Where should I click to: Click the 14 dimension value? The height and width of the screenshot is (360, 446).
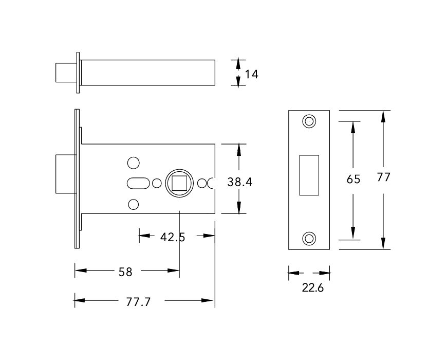point(251,74)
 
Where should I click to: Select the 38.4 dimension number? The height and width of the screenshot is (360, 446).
point(239,182)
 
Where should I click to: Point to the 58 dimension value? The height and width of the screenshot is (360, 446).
point(125,272)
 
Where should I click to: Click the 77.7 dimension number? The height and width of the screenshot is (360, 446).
point(138,302)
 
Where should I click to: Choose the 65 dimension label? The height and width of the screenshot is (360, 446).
point(354,179)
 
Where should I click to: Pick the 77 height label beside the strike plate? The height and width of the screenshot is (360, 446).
point(384,177)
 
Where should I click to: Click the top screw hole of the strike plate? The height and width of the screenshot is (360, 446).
point(309,121)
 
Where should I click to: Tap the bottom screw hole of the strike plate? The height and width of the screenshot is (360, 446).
point(309,238)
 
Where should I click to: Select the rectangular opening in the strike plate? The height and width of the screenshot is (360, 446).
point(308,175)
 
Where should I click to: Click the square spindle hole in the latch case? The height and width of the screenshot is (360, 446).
point(179,183)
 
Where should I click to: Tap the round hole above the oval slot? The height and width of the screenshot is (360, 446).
point(133,163)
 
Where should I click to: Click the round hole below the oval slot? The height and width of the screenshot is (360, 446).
point(133,204)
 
